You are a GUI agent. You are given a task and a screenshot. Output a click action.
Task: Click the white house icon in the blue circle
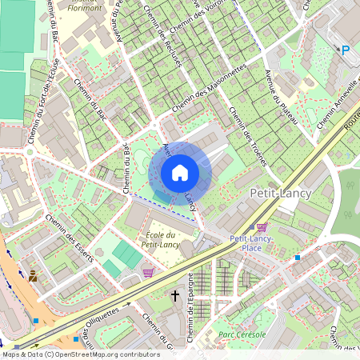[180, 172]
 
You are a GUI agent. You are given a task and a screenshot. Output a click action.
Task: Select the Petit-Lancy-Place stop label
[253, 243]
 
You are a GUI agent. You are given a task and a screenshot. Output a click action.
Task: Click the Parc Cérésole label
[241, 334]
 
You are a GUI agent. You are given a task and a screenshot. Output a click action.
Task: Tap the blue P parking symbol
[346, 50]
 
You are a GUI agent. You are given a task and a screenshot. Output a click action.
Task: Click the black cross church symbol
[175, 296]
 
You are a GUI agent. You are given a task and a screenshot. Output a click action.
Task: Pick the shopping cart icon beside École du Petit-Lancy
[148, 272]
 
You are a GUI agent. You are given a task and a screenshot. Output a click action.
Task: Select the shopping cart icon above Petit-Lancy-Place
[262, 227]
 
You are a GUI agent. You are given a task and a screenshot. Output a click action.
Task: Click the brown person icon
[33, 276]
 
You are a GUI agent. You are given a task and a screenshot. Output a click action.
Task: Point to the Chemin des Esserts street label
[70, 238]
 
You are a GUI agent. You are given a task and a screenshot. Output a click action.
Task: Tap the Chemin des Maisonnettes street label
[207, 90]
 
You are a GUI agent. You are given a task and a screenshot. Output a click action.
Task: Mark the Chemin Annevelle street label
[336, 104]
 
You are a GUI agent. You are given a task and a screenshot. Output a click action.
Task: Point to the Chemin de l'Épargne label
[191, 316]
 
